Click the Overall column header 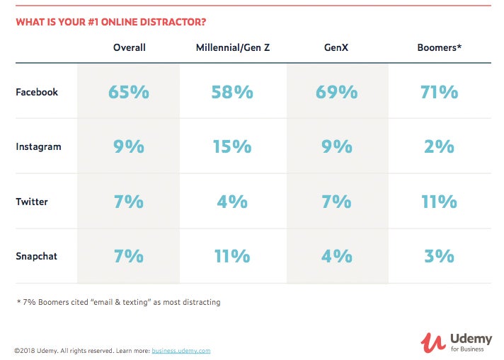click(129, 47)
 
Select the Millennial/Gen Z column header click(231, 47)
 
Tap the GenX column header click(337, 47)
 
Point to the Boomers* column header click(440, 47)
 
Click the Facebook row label click(37, 92)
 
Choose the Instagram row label click(38, 146)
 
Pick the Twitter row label click(32, 202)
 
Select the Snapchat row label click(37, 256)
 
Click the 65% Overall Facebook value click(129, 92)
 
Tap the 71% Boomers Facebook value click(439, 92)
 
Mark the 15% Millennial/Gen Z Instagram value click(231, 146)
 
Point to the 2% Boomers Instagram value click(439, 146)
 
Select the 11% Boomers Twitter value click(439, 202)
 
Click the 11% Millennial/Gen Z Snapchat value click(231, 256)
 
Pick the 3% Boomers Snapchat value click(439, 256)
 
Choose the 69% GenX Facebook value click(337, 92)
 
